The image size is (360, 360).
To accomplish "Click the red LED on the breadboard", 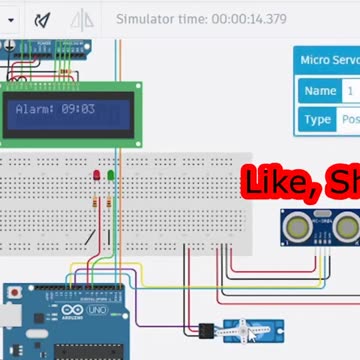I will point(97,175).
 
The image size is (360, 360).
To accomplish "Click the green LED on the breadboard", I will point(110,175).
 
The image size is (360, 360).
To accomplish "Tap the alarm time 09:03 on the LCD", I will point(78,108).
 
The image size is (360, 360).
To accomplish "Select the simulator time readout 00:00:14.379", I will point(201,19).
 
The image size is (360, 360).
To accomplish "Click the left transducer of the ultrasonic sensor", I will point(297,229).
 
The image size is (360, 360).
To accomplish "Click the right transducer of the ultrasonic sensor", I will point(343,229).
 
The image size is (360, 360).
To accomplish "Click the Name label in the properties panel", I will point(320,91).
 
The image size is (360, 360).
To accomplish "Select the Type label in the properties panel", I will point(318,119).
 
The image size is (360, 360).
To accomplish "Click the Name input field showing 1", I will point(351,91).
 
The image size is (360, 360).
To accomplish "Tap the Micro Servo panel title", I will point(329,60).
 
